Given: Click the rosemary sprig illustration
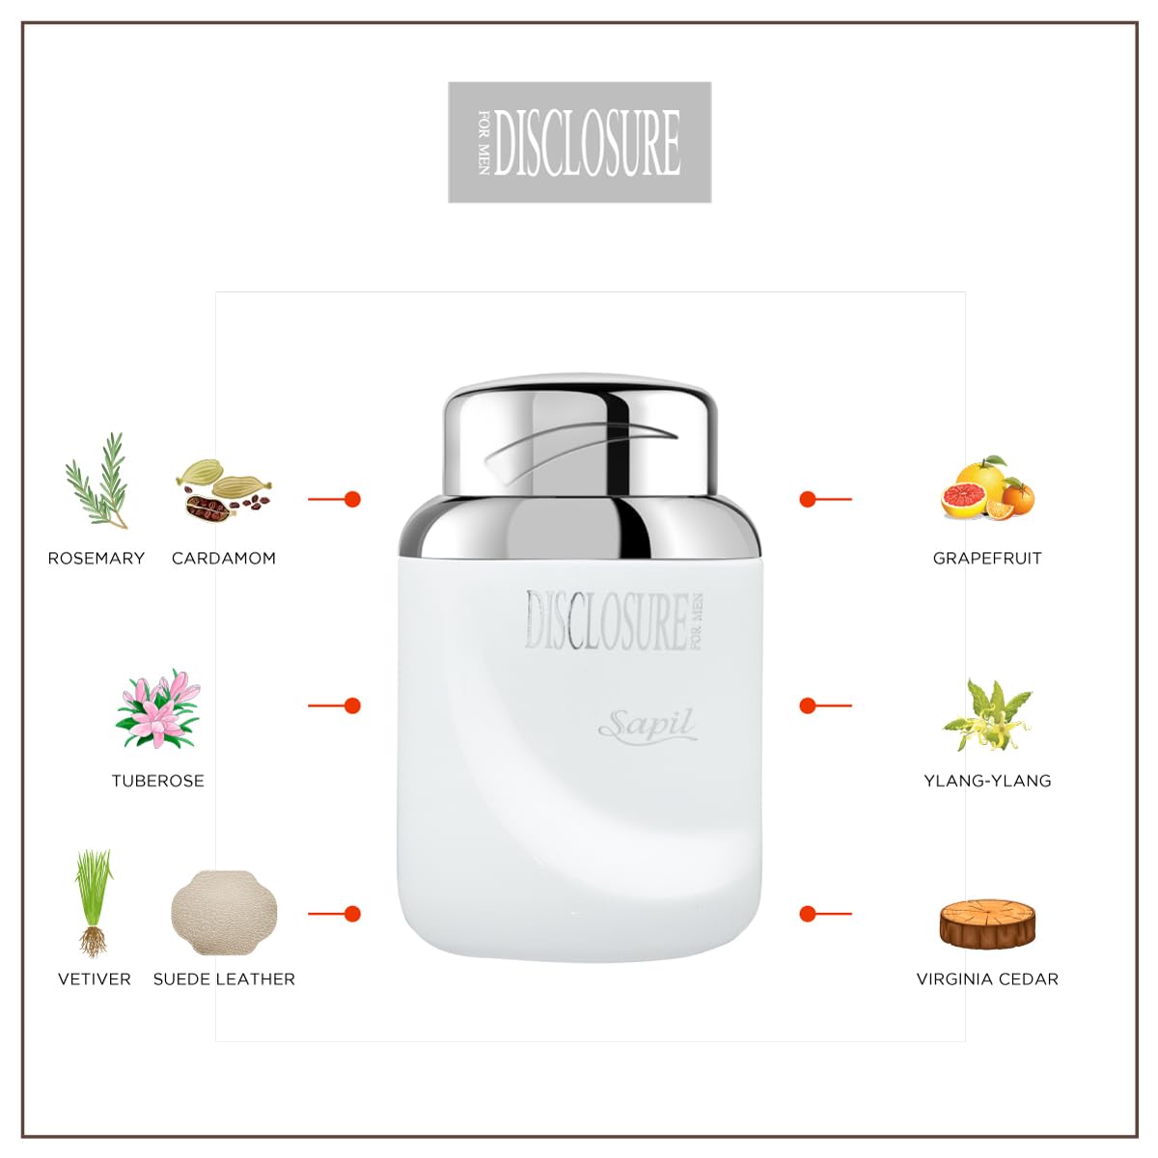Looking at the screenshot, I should [97, 480].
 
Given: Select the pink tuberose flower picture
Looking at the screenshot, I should [157, 709].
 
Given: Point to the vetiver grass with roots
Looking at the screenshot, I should [94, 902].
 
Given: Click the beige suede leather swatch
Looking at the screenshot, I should [224, 913].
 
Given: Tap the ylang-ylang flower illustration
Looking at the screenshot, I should [987, 714].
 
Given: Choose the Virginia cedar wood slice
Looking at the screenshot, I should [987, 924].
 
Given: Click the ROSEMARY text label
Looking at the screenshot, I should [96, 558].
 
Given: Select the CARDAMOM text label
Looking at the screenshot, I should [224, 558].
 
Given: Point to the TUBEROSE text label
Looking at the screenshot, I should [157, 781].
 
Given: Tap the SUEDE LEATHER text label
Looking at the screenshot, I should [224, 979].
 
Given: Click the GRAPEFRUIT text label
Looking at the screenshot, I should [987, 558].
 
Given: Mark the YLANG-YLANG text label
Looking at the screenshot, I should [987, 781].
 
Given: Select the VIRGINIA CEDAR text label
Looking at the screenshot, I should [987, 979].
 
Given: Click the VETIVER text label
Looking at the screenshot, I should [95, 979].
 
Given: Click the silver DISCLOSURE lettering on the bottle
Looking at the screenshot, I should [608, 620].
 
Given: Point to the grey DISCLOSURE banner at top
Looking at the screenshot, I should [580, 143].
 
